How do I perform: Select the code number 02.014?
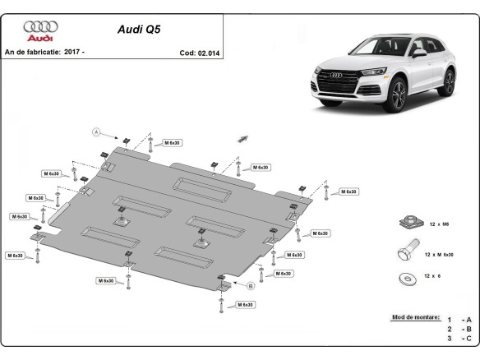[x=210, y=53]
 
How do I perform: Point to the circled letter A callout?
[x=96, y=132]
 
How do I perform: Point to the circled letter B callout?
[x=250, y=285]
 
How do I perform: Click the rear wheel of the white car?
[x=449, y=82]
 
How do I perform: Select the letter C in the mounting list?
[x=468, y=338]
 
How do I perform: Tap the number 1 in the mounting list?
[x=449, y=319]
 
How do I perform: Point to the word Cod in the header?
[x=187, y=53]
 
